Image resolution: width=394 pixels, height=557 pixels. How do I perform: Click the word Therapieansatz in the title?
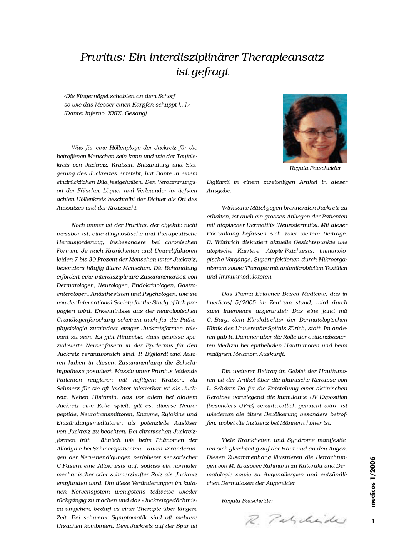282,57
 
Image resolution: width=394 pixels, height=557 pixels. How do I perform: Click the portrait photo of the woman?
315,128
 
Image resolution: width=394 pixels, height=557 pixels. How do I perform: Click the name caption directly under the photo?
315,168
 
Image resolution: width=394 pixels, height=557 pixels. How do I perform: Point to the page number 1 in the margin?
372,521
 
